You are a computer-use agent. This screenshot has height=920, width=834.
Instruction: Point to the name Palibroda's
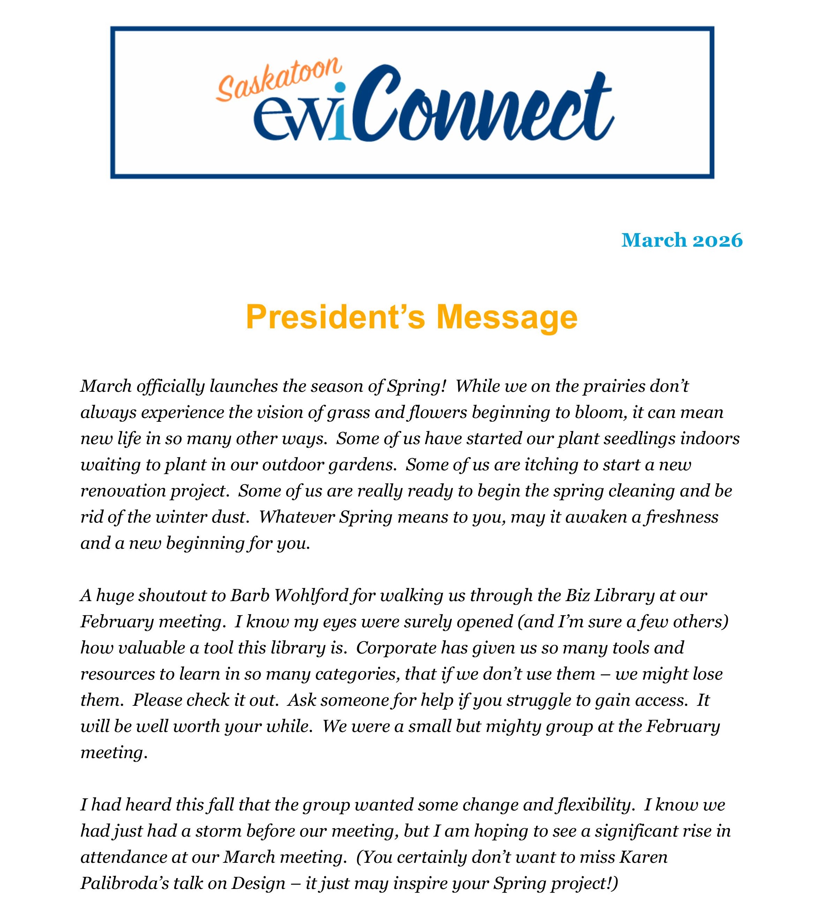pyautogui.click(x=124, y=883)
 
